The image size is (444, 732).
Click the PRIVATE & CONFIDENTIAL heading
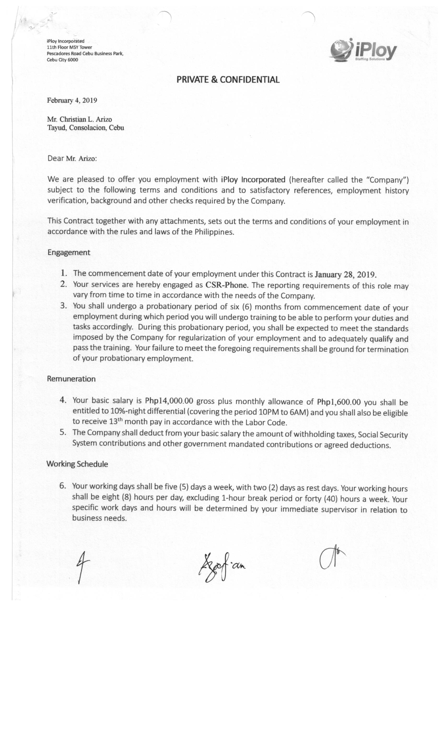(x=228, y=80)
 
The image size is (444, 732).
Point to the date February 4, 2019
(x=72, y=100)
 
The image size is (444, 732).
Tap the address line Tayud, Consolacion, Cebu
(x=85, y=128)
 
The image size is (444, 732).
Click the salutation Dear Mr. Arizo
(x=72, y=158)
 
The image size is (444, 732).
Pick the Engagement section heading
(x=68, y=253)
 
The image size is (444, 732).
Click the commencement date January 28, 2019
(x=345, y=274)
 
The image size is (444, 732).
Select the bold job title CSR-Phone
(x=226, y=285)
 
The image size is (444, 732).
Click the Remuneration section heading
(x=71, y=379)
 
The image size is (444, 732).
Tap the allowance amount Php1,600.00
(x=339, y=402)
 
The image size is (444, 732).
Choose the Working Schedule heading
(x=77, y=464)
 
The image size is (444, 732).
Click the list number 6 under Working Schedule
(x=62, y=486)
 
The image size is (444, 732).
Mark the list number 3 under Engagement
(x=63, y=306)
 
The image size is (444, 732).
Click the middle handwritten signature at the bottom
(x=221, y=566)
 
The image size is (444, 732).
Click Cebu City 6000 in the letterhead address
(x=62, y=60)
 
